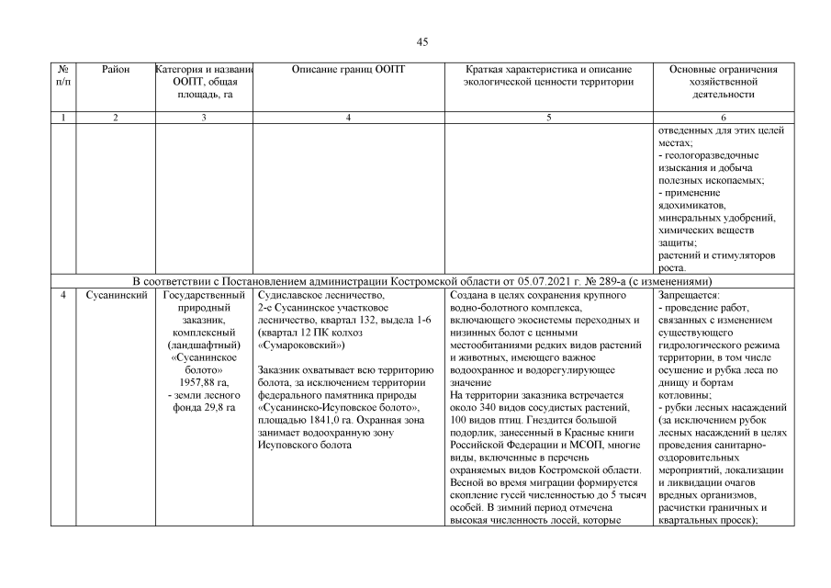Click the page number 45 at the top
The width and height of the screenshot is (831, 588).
[x=422, y=41]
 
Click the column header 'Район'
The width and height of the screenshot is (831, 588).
[x=116, y=69]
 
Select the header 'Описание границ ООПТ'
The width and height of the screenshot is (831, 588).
[x=347, y=69]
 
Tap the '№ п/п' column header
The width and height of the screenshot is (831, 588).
[x=62, y=75]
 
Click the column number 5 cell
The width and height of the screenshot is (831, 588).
[x=548, y=118]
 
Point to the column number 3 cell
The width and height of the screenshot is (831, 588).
[x=203, y=118]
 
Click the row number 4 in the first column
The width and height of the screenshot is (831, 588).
[x=62, y=296]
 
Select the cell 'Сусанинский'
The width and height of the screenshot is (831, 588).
[x=116, y=296]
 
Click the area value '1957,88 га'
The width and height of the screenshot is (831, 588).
[x=203, y=382]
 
